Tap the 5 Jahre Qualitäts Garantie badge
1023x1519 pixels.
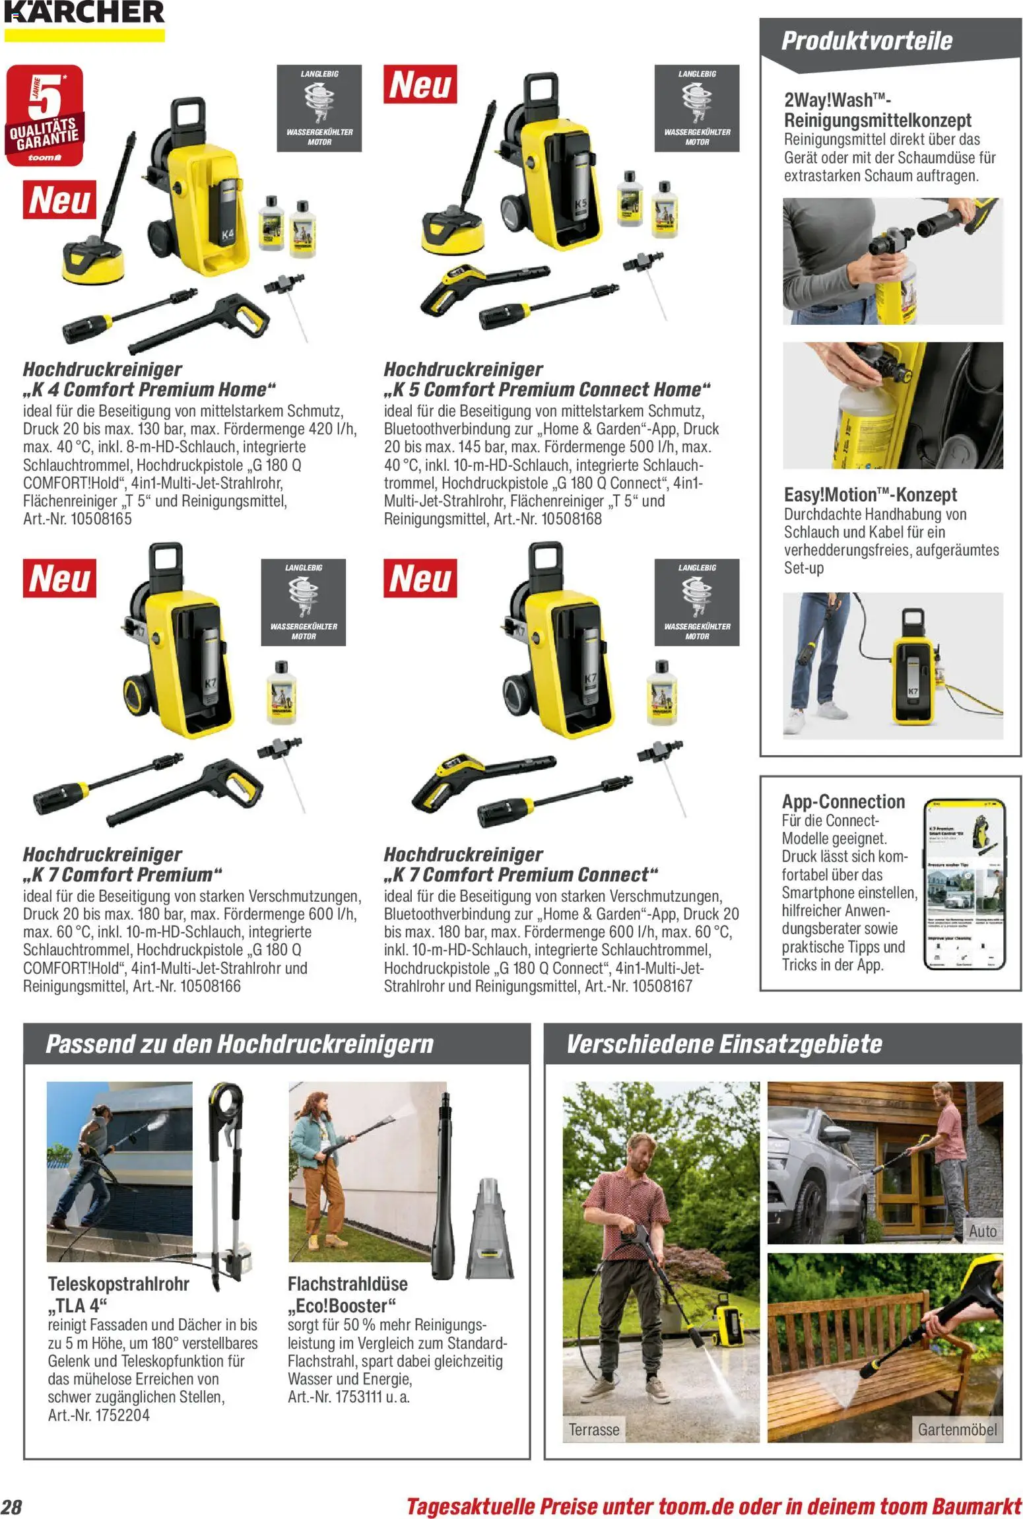click(44, 115)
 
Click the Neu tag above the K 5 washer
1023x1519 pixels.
click(420, 84)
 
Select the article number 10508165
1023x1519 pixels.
click(101, 519)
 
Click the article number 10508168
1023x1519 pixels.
click(571, 519)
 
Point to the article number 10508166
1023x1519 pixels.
click(210, 986)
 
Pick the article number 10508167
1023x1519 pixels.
click(662, 986)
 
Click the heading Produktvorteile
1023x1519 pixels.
click(866, 41)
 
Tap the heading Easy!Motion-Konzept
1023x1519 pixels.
click(870, 494)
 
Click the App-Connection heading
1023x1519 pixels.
click(843, 801)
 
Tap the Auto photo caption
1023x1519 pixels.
click(982, 1231)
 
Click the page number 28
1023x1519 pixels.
click(12, 1506)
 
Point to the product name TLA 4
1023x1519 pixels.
click(78, 1305)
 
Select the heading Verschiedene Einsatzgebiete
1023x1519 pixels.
click(724, 1044)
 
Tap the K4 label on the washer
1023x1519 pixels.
click(226, 234)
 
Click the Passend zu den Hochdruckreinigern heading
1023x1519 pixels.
click(239, 1044)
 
